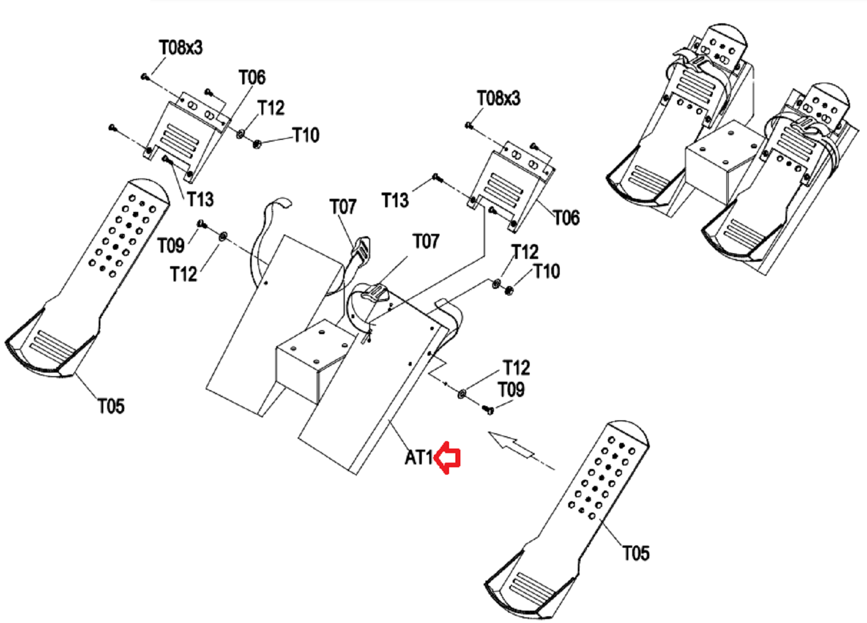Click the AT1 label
[x=419, y=458]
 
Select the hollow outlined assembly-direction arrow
[x=511, y=445]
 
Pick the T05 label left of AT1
[x=111, y=406]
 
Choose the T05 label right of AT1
[x=636, y=553]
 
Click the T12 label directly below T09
[x=184, y=274]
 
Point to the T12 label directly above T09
[x=517, y=368]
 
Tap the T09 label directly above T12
[x=171, y=245]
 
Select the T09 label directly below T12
[x=511, y=389]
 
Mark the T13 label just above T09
[x=201, y=199]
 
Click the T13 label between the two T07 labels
[x=395, y=200]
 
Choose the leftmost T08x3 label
[x=181, y=48]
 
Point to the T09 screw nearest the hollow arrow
[x=488, y=409]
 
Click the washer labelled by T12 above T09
[x=462, y=394]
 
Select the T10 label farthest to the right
[x=547, y=271]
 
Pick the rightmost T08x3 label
[x=499, y=98]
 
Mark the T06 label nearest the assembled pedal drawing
[x=566, y=217]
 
